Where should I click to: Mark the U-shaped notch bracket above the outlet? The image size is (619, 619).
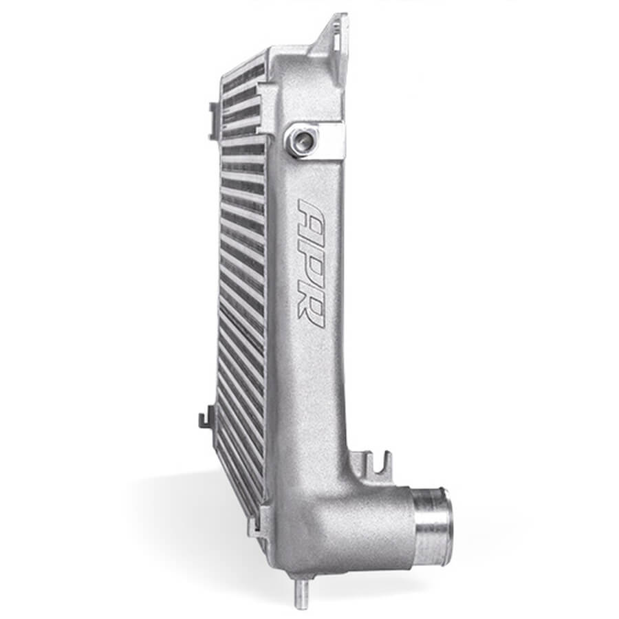(x=372, y=462)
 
